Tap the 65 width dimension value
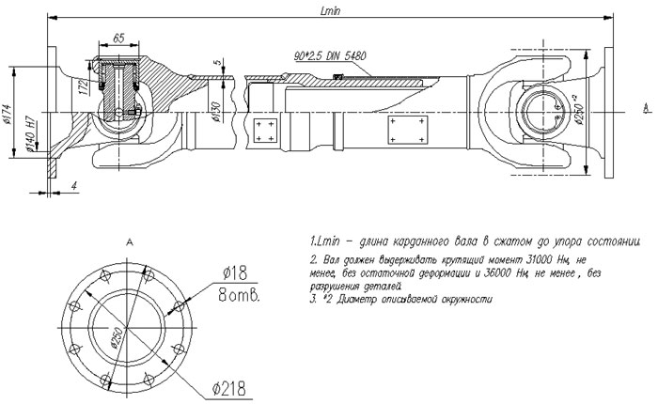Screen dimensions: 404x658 point(119,37)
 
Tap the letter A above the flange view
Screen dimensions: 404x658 point(128,241)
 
